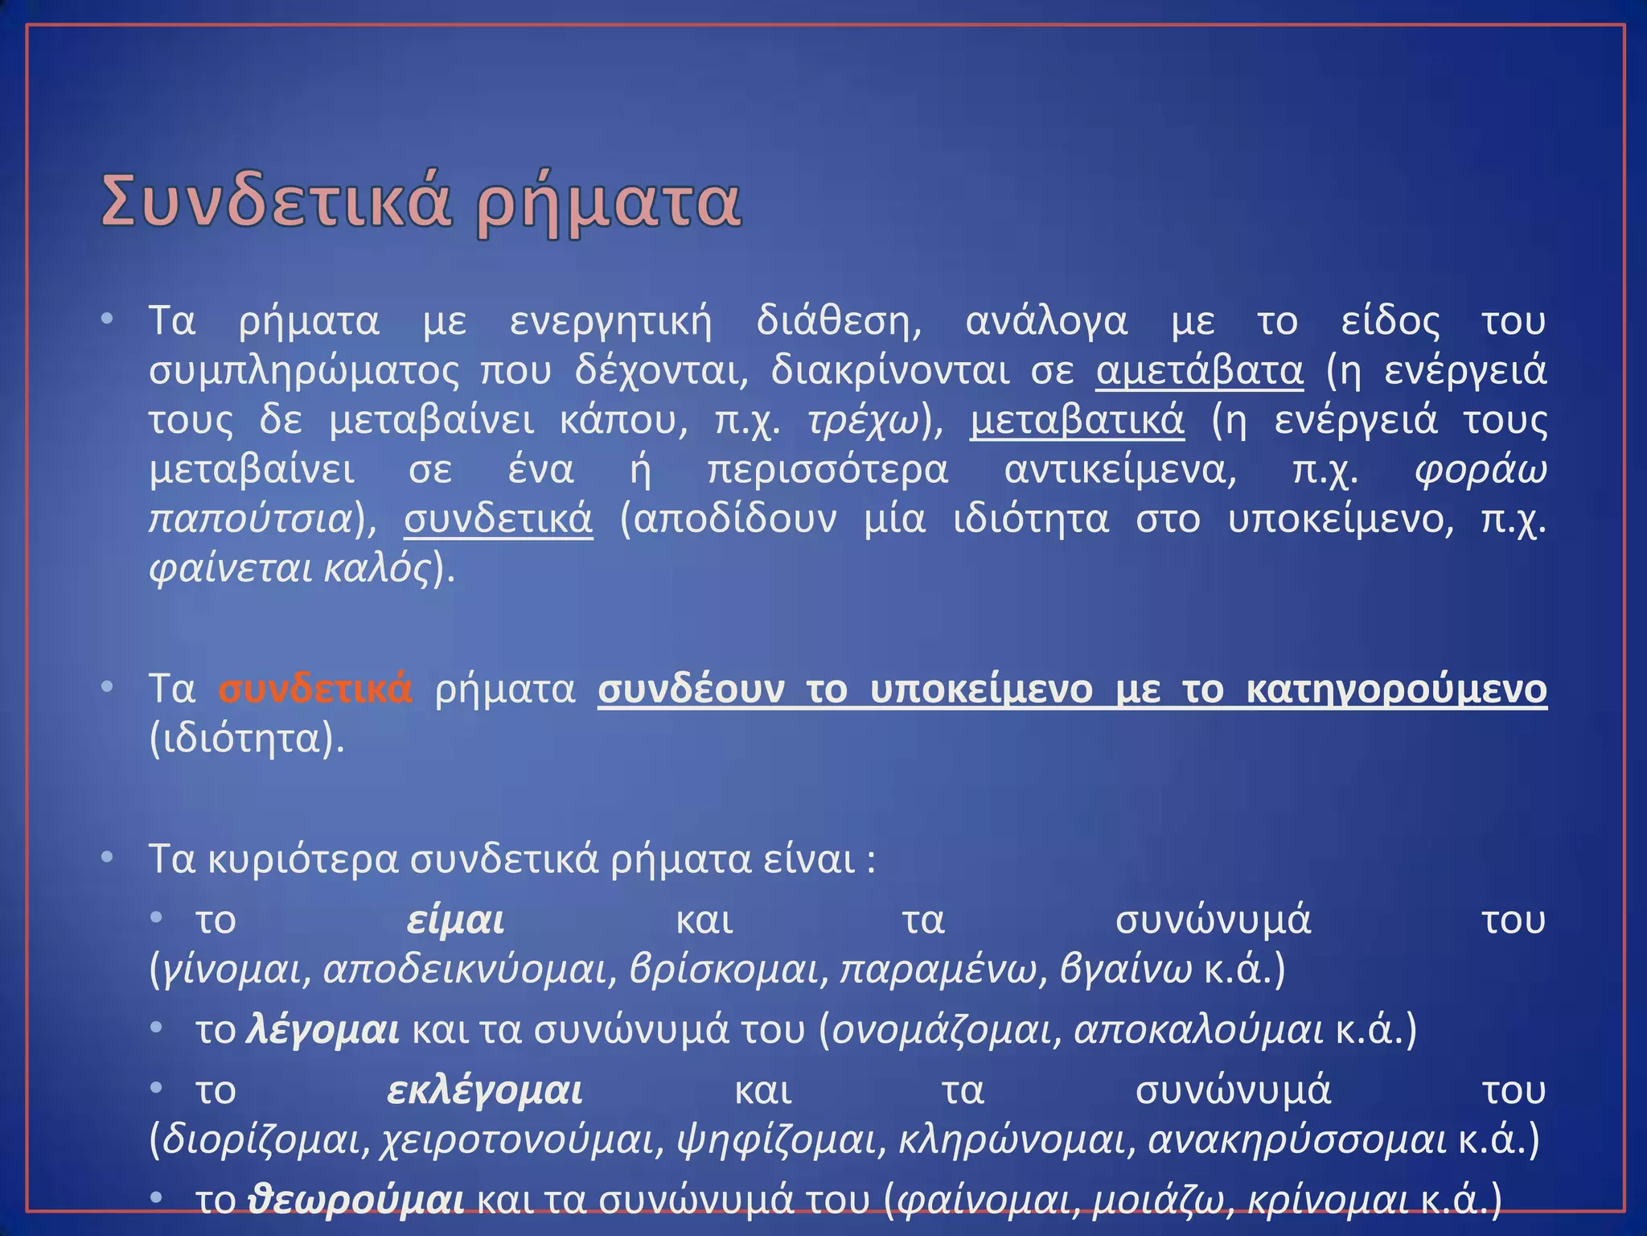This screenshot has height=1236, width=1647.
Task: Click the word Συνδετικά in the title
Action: tap(273, 203)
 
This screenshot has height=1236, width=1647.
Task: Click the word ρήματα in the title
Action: tap(608, 203)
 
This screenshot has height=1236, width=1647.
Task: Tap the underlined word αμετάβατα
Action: tap(1199, 371)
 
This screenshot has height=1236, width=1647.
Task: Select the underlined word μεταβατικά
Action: tap(1077, 420)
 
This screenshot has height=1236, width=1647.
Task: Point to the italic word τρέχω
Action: tap(862, 421)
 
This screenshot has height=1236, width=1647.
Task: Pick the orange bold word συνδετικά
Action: tap(315, 690)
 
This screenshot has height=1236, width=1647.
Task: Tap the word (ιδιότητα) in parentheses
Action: tap(247, 739)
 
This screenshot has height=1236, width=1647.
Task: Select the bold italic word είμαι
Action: tap(455, 920)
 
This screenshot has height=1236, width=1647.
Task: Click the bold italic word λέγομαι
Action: tap(322, 1030)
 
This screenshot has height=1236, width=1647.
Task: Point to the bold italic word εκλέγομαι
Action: tap(484, 1090)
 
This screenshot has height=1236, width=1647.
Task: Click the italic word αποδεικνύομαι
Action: tap(465, 970)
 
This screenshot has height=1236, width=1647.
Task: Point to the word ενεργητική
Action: tap(611, 322)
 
